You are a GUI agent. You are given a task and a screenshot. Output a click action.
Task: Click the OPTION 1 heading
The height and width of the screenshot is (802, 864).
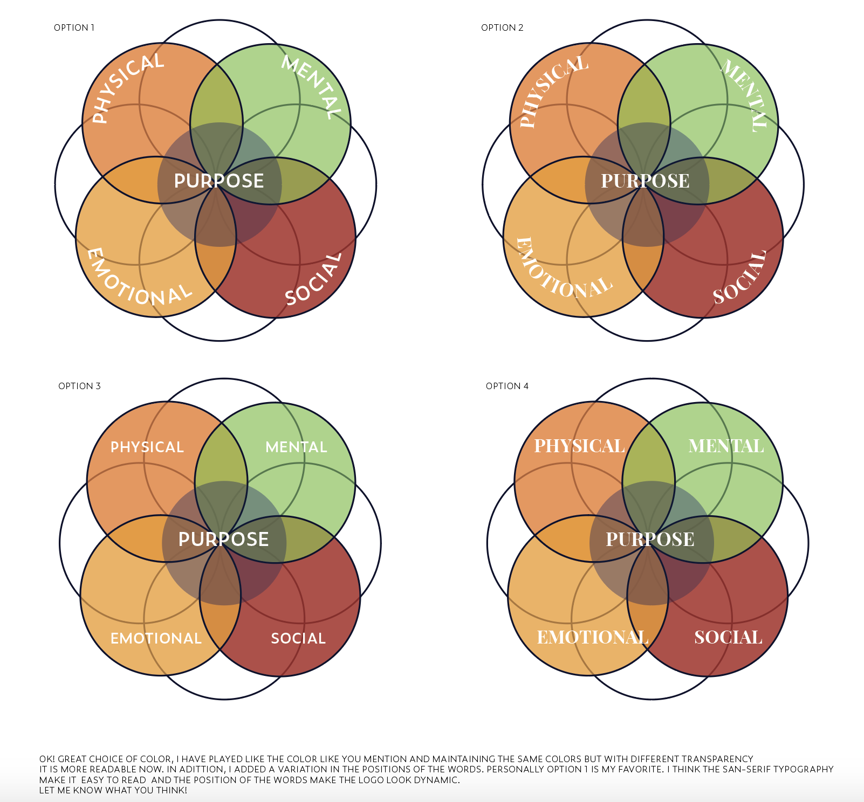coord(74,27)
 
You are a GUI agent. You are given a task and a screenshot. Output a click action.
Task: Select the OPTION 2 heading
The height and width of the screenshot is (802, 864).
coord(502,27)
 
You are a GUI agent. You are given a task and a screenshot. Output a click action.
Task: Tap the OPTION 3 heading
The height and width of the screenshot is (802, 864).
coord(79,386)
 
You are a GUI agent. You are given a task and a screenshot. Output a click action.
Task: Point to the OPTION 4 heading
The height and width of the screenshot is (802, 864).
coord(507,386)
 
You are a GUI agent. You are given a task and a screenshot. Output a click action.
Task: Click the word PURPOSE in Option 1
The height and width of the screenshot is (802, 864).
coord(219,181)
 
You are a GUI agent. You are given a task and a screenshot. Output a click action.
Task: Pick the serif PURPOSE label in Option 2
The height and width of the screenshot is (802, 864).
coord(646,181)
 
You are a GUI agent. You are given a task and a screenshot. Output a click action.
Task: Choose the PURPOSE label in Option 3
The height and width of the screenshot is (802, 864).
coord(223,540)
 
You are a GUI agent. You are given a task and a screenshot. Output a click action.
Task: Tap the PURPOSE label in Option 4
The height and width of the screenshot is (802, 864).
coord(650,540)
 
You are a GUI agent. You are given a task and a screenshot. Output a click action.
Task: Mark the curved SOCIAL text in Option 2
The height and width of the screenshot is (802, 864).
coord(740,278)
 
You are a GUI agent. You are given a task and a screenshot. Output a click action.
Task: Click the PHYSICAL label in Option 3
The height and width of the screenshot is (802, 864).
coord(147,447)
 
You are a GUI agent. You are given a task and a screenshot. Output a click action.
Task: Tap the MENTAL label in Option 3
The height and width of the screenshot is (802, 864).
coord(296,447)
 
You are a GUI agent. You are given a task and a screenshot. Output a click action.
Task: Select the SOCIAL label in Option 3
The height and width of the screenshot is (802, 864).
coord(298,639)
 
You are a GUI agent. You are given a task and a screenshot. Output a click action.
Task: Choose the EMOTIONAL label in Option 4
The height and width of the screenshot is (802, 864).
coord(592,638)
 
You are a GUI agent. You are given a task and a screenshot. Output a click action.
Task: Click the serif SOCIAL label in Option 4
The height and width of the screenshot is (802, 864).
coord(728,638)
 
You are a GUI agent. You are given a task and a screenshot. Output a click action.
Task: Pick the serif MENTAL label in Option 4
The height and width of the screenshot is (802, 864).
coord(726,446)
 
